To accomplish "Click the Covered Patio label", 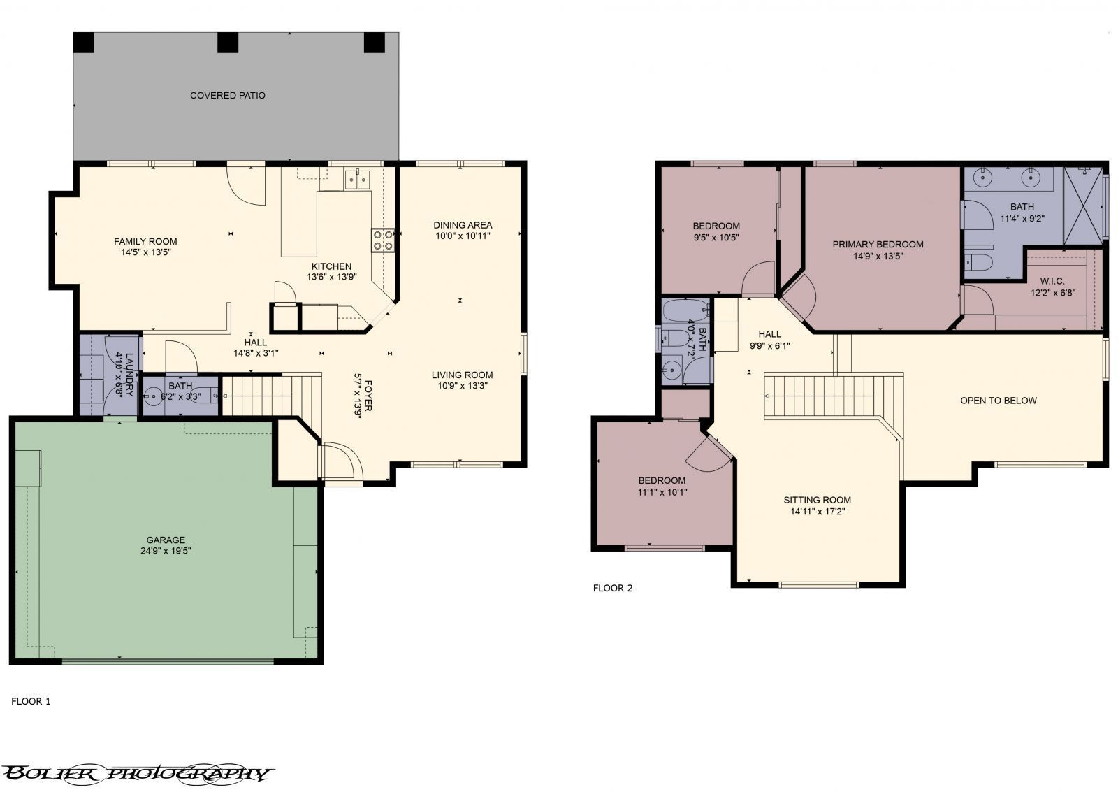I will click(227, 95).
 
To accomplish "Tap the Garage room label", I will click(166, 540).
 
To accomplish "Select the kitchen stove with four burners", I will click(382, 240).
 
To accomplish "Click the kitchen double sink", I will click(357, 180).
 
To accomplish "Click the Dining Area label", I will click(463, 225).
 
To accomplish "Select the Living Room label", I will click(462, 375).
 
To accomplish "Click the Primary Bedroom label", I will click(878, 244).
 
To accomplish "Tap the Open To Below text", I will click(998, 401).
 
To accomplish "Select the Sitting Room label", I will click(817, 500).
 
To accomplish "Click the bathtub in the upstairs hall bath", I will click(685, 310).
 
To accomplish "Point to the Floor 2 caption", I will click(612, 588).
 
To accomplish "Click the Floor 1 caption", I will click(31, 700).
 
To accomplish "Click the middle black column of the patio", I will click(228, 43).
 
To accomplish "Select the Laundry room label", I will click(124, 375).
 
